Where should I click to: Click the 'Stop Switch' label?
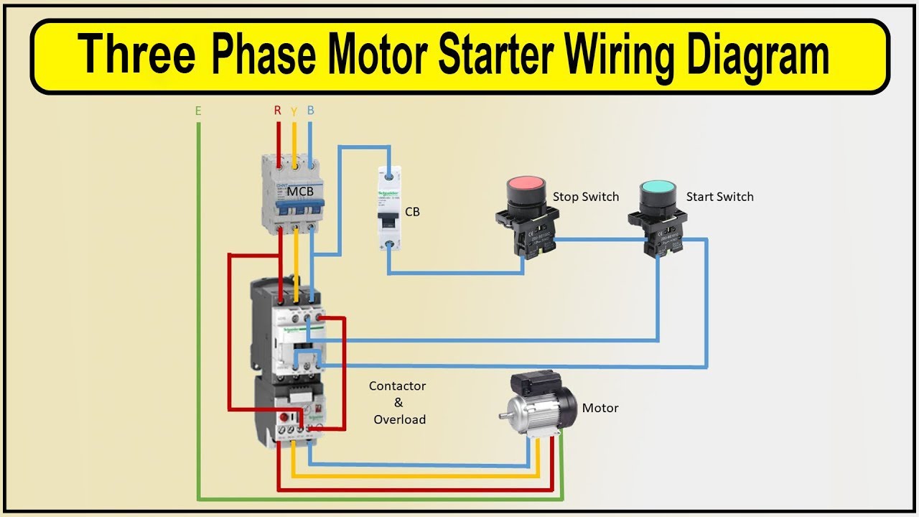[585, 197]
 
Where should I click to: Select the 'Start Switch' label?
[719, 197]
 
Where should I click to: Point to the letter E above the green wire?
[198, 111]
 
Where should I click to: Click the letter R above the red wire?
[278, 111]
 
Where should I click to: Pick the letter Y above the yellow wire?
[294, 111]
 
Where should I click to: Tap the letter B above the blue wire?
[310, 111]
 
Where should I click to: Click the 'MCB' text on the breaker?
[300, 192]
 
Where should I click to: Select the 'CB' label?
[412, 213]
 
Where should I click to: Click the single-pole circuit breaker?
[388, 208]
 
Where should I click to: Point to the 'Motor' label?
[600, 408]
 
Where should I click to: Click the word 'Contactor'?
[397, 386]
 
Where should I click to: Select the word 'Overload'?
[399, 419]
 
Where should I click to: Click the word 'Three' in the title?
[137, 56]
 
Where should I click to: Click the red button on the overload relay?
[284, 417]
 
